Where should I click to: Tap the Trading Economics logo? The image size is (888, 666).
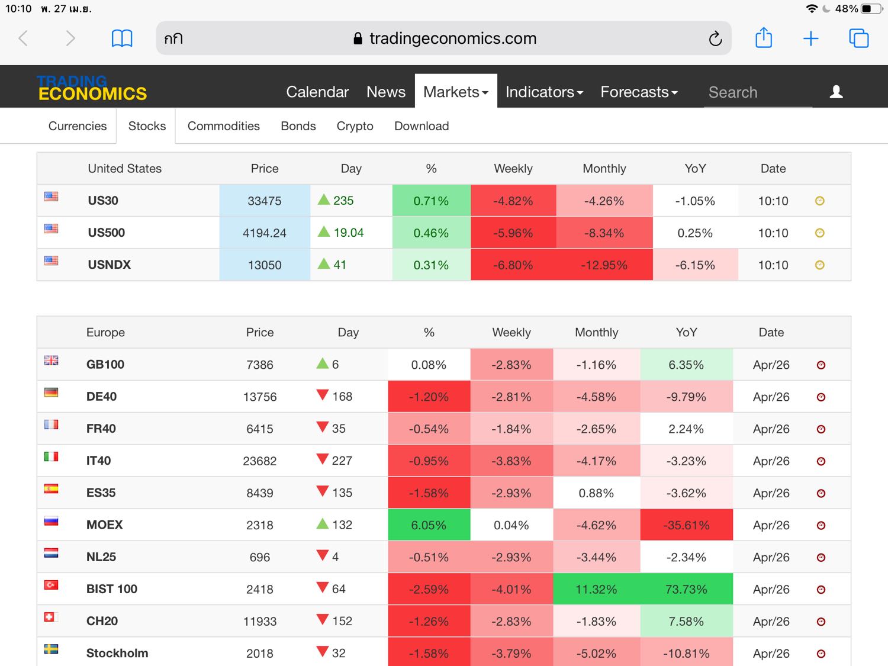(92, 88)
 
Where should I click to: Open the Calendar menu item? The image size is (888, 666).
(317, 92)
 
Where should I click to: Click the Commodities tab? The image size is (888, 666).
(223, 126)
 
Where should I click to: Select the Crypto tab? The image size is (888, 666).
(355, 126)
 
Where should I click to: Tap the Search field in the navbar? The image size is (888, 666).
(757, 92)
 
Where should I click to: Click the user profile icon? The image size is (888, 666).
(836, 92)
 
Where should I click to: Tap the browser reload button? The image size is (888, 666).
(715, 38)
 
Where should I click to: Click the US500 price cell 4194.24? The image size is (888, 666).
(264, 233)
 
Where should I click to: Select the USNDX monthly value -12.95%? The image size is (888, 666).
(604, 265)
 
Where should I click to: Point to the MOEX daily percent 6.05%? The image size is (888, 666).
(429, 525)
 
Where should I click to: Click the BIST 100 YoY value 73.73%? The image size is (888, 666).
(686, 589)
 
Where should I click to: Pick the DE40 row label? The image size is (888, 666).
(101, 397)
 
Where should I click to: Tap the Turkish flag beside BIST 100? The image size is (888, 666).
(52, 585)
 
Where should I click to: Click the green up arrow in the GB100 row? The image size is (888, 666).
(323, 363)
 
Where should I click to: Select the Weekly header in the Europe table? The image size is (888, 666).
(511, 333)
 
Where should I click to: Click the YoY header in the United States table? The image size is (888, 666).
(695, 169)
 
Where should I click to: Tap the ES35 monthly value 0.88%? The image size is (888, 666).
(596, 493)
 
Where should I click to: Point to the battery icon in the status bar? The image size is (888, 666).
(871, 9)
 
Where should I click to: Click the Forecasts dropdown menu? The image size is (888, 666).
(639, 92)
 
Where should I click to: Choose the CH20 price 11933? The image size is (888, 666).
(260, 621)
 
